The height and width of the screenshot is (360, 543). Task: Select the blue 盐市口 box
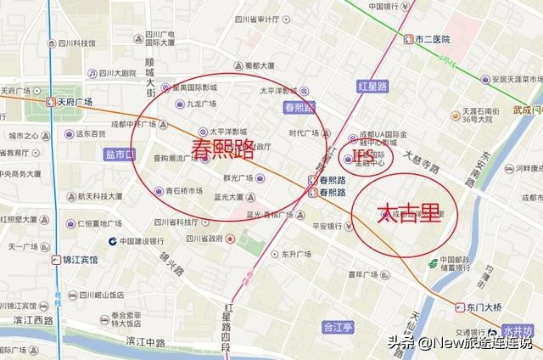119,155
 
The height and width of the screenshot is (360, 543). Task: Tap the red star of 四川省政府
232,239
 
